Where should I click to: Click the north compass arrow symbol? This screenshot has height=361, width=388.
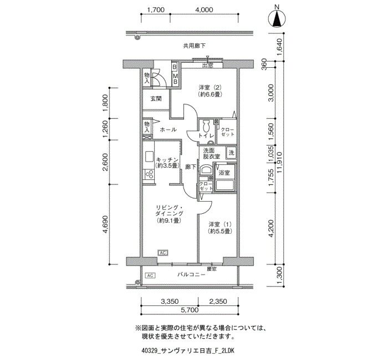(x=277, y=18)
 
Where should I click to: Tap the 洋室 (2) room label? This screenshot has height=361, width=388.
(x=210, y=91)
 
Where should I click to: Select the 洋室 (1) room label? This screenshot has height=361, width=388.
(x=220, y=228)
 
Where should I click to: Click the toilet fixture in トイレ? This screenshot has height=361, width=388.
(x=206, y=126)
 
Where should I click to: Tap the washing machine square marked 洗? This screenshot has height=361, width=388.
(x=231, y=153)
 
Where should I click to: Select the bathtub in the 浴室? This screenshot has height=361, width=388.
(x=225, y=185)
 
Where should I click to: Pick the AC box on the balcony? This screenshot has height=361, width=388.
(x=150, y=275)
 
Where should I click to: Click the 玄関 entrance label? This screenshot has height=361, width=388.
(x=156, y=99)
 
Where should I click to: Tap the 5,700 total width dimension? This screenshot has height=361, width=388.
(x=190, y=310)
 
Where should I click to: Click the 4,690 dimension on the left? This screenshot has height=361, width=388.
(x=106, y=224)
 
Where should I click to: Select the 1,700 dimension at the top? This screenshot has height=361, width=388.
(x=156, y=9)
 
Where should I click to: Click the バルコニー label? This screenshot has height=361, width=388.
(x=191, y=274)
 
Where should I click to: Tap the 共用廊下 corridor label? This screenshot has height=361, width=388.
(x=194, y=46)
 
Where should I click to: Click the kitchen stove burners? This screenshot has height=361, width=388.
(x=149, y=174)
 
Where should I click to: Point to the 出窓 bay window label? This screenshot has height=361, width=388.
(x=207, y=66)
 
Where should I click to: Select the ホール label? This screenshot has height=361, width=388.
(x=169, y=129)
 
